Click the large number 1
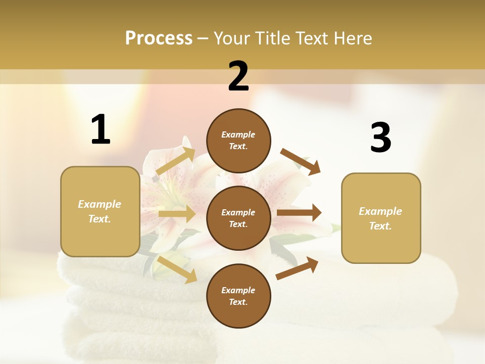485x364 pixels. click(x=101, y=130)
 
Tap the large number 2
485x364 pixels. click(x=238, y=76)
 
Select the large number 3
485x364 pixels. click(x=380, y=138)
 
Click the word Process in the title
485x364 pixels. click(x=159, y=38)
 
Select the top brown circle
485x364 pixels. click(x=238, y=141)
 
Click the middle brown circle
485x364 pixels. click(x=238, y=218)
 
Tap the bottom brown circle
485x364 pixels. click(x=238, y=296)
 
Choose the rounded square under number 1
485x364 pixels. click(x=100, y=211)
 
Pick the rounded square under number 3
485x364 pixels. click(x=381, y=218)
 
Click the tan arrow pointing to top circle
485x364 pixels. click(x=176, y=161)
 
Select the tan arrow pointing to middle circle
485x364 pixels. click(x=177, y=214)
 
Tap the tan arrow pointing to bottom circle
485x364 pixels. click(x=177, y=269)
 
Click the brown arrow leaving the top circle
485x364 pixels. click(x=301, y=162)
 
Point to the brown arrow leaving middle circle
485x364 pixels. click(x=299, y=213)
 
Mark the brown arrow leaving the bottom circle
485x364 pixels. click(x=297, y=268)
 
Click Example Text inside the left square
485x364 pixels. click(x=100, y=211)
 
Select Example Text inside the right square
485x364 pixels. click(x=381, y=218)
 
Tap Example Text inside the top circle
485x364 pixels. click(x=238, y=141)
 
